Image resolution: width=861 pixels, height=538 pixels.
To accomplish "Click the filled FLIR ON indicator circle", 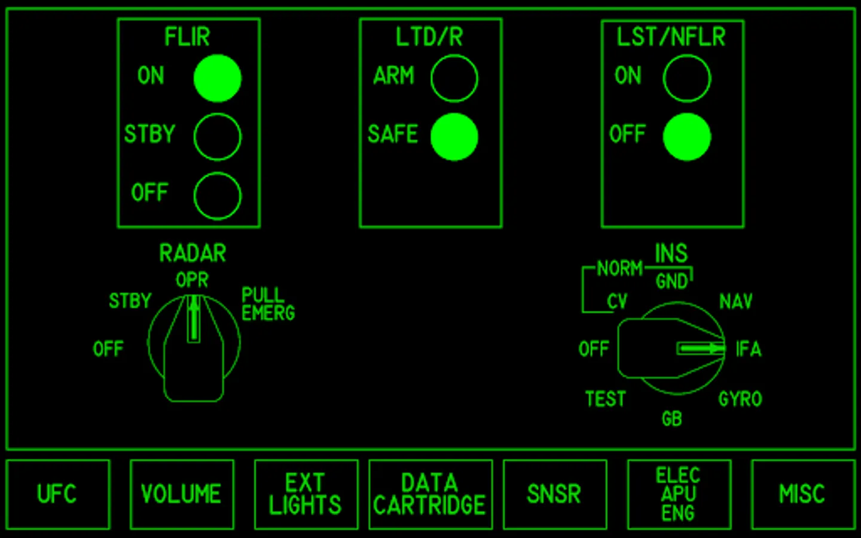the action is [218, 78].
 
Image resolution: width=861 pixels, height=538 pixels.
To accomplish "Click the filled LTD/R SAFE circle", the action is [454, 137].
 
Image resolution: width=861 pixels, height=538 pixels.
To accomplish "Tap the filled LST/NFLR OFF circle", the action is [687, 137].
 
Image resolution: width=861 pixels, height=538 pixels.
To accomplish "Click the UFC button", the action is [58, 494].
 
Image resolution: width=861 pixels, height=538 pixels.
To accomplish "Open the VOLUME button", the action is [182, 494].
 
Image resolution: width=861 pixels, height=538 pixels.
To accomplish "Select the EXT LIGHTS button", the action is [306, 494].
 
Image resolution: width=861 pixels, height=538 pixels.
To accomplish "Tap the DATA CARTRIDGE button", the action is [430, 494].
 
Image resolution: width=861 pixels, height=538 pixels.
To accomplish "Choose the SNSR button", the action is [555, 494].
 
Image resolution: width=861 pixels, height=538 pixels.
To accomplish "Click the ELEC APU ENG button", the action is [679, 494].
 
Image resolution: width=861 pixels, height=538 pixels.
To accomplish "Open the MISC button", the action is [804, 494].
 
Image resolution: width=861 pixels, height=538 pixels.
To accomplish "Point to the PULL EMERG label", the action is [268, 304].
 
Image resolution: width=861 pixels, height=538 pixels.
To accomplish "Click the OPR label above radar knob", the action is [192, 280].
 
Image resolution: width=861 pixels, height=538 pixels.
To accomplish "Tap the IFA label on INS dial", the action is [749, 349].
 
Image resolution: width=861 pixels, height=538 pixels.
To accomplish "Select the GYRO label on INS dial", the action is [740, 399].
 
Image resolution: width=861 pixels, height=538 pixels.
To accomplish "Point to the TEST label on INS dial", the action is [606, 399].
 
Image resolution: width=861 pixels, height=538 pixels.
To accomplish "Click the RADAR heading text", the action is [193, 253].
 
